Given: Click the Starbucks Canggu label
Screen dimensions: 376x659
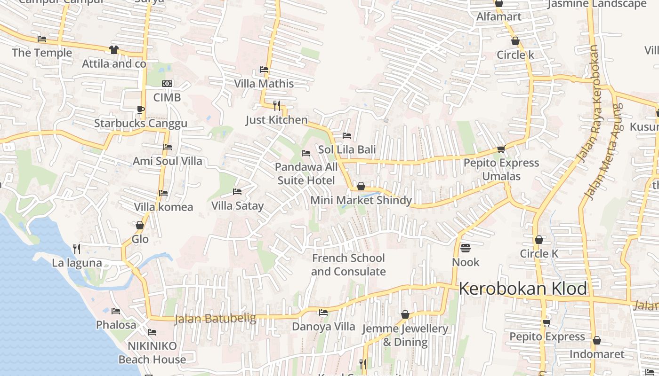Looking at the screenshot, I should (x=141, y=124).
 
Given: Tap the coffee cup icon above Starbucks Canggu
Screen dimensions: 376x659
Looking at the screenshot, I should (x=140, y=110).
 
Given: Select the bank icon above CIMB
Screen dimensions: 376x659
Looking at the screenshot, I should (x=167, y=84).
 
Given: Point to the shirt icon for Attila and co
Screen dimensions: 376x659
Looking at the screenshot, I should (x=113, y=50).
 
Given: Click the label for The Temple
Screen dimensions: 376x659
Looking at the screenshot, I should (x=42, y=53).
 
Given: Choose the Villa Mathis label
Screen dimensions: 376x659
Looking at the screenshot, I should (x=264, y=84).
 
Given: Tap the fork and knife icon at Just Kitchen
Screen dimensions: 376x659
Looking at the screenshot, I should (x=277, y=106).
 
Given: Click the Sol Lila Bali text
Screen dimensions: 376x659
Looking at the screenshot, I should (x=347, y=149).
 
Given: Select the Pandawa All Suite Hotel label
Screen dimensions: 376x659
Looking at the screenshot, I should (x=306, y=174).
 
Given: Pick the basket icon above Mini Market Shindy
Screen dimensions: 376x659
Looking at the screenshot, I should (x=361, y=187).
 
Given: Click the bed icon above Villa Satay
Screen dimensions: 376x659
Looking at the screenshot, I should (x=237, y=192).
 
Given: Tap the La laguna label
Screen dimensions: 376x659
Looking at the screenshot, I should (x=77, y=263).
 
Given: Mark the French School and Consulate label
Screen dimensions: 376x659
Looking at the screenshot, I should (x=348, y=265).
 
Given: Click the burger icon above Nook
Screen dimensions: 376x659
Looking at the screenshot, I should (x=466, y=248).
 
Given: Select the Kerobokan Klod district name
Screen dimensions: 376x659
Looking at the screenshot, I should (x=523, y=288).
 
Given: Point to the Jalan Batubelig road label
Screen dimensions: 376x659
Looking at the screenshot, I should (x=215, y=319).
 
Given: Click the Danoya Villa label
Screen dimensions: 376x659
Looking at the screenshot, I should (x=323, y=327).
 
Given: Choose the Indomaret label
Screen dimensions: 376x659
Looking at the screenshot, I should (x=597, y=354).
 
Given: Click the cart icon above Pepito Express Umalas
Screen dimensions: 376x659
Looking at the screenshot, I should (x=501, y=149).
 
